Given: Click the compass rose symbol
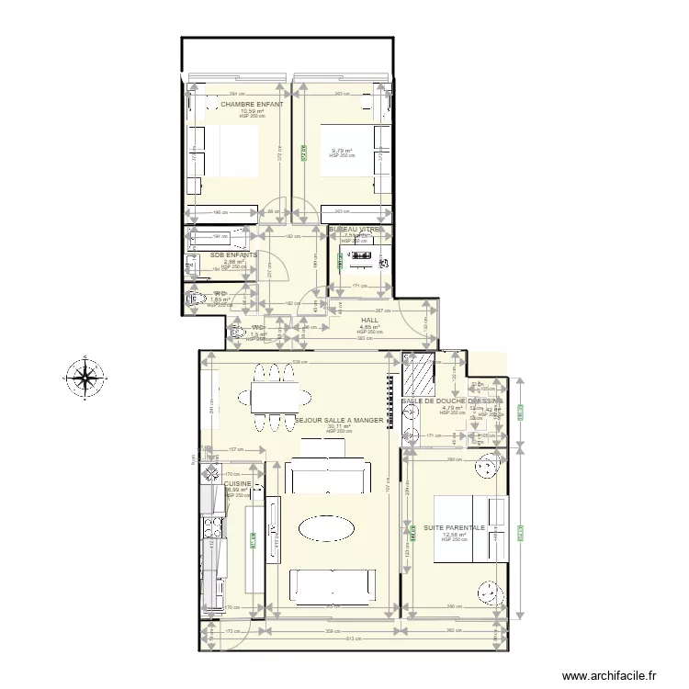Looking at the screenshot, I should [x=85, y=378].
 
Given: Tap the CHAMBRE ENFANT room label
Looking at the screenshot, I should [x=251, y=104].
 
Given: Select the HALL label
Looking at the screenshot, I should [x=369, y=321].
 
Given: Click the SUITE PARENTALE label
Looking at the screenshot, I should [x=454, y=527].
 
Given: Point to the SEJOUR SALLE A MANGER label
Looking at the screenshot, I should [x=339, y=420].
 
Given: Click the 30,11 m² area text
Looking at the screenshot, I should [x=338, y=426].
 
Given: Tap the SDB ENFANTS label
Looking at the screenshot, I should [x=233, y=254].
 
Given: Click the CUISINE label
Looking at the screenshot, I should [x=238, y=482].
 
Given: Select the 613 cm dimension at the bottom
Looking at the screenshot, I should [x=355, y=640].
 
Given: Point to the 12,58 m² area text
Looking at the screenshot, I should [x=454, y=535].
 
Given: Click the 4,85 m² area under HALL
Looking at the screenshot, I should [x=369, y=327].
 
